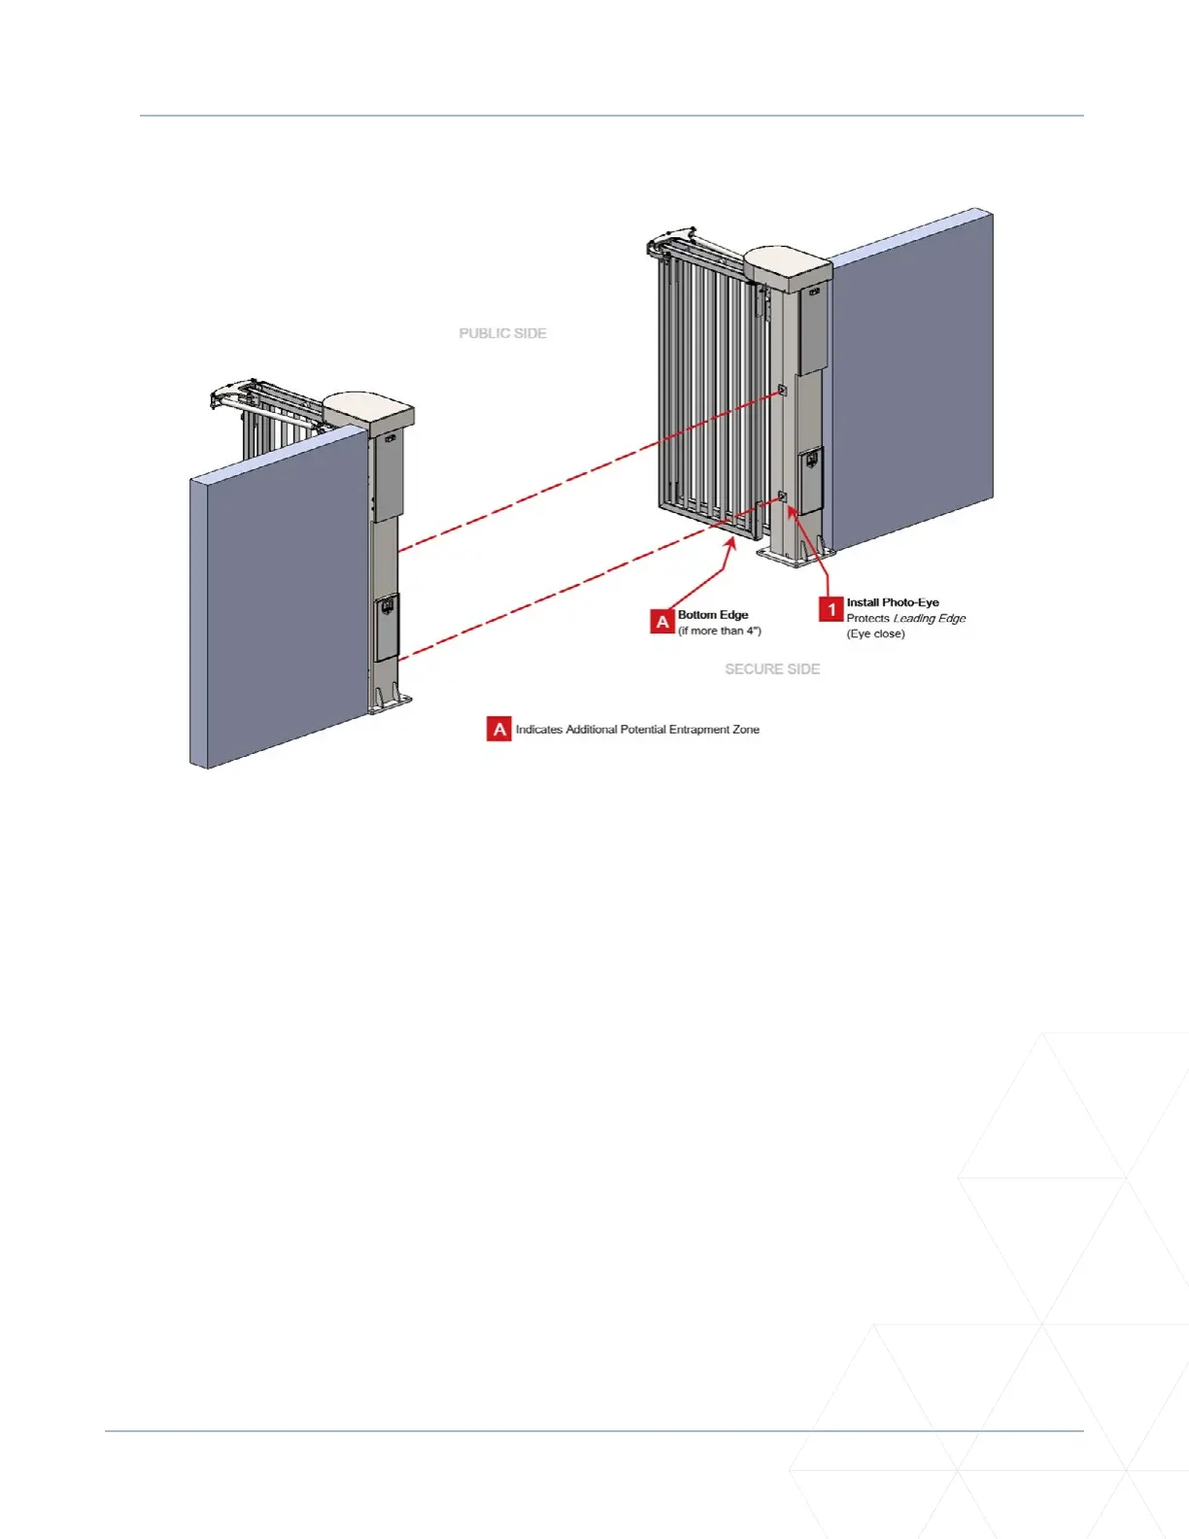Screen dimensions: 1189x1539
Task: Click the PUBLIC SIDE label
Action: pos(502,333)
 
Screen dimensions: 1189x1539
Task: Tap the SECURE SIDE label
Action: pos(772,669)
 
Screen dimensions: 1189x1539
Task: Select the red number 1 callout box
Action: pos(831,609)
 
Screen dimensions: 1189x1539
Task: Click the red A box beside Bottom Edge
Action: pos(662,622)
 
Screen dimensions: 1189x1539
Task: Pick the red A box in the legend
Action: pos(499,729)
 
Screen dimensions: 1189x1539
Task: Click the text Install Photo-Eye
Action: pos(893,602)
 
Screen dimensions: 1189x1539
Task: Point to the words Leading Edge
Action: pos(930,618)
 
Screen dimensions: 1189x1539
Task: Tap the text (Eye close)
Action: pos(875,633)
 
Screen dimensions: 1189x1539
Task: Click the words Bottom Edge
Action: pos(713,615)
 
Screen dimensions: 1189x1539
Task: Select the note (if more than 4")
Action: pos(720,631)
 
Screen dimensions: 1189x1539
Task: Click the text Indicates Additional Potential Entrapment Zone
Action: pos(637,729)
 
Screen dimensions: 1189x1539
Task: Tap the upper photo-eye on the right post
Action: pos(782,390)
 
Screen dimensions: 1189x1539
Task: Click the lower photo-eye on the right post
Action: pos(782,497)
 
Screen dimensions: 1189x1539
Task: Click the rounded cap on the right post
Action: pos(787,264)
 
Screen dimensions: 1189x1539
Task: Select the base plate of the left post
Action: pos(390,701)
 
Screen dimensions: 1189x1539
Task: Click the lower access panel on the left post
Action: pos(387,628)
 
